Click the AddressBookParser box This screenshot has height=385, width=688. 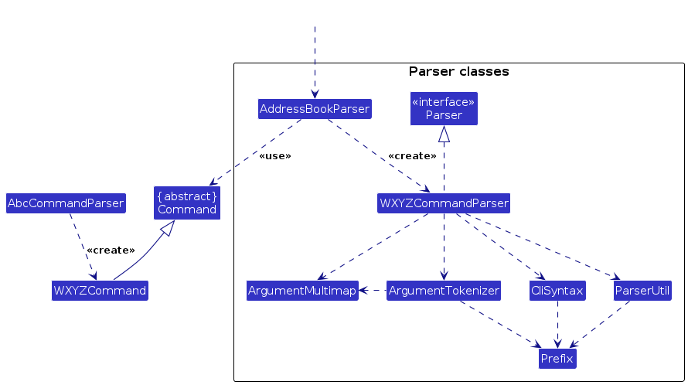pos(315,109)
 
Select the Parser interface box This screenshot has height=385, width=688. pos(444,108)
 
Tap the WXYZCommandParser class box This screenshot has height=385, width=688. pos(444,203)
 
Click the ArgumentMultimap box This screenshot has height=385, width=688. pos(302,291)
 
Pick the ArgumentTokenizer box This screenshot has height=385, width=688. pos(444,291)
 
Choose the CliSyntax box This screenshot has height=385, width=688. pos(557,291)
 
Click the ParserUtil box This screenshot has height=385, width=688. pos(642,291)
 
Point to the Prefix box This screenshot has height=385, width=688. pos(557,358)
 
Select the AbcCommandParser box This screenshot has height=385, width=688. pos(66,203)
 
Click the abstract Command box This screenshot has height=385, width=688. pos(186,203)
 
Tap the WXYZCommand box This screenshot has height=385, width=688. pos(100,291)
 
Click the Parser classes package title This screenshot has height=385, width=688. pos(458,72)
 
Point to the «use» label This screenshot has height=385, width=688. pos(275,156)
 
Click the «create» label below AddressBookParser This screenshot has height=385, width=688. pos(411,156)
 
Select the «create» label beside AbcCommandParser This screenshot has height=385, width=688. pos(111,250)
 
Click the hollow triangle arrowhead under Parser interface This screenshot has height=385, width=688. pos(444,134)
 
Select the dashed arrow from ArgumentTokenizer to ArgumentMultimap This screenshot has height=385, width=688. pos(373,291)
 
